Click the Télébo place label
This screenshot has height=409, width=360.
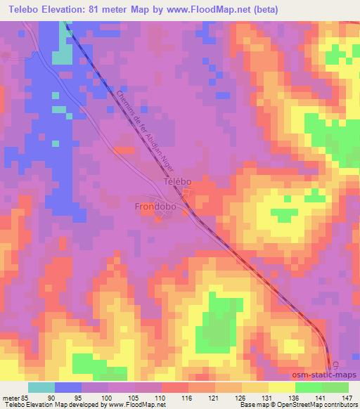point(176,181)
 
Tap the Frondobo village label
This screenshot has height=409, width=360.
point(156,207)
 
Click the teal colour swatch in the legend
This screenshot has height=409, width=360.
point(41,387)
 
